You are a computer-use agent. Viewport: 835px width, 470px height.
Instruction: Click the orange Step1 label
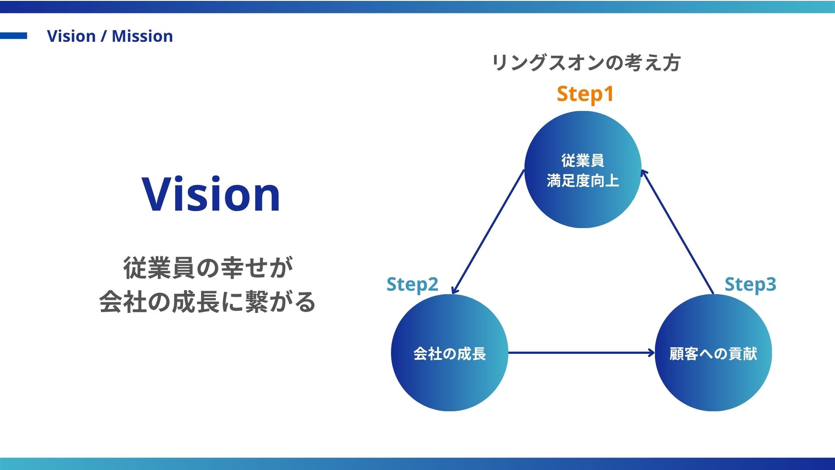585,94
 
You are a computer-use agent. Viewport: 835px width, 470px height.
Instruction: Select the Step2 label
412,285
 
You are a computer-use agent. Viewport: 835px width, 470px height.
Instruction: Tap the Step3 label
750,285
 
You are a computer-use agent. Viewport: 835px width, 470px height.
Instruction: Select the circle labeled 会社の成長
449,379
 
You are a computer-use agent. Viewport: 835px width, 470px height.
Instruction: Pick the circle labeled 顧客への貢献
713,379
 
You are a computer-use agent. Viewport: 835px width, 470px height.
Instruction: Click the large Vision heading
211,195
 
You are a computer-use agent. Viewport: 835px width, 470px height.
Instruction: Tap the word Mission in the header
142,36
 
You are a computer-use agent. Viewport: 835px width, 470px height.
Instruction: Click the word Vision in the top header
71,36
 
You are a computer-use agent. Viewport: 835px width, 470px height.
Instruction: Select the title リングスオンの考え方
585,63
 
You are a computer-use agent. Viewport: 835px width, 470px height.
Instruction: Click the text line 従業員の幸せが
208,268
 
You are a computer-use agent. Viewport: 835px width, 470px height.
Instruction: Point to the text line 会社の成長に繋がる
207,302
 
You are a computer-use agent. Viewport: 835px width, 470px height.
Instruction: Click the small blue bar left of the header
13,36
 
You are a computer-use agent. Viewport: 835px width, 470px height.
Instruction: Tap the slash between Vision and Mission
104,37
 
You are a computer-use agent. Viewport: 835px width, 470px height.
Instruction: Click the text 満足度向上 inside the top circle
583,180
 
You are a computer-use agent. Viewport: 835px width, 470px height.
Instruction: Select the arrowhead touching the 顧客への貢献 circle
651,352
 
